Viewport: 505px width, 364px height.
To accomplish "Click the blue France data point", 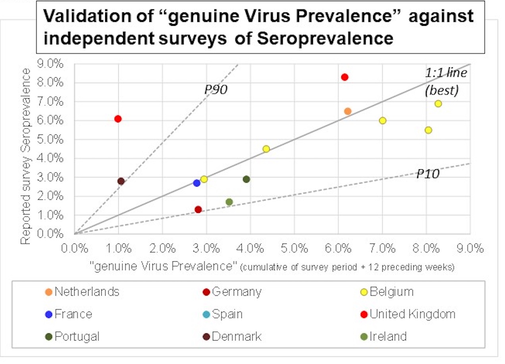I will point(197,183).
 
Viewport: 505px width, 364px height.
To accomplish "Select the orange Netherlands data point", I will point(347,111).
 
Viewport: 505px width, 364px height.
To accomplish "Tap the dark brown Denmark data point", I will point(121,181).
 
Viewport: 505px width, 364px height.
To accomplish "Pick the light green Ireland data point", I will point(229,202).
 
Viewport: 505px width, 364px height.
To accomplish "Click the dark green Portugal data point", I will point(246,179).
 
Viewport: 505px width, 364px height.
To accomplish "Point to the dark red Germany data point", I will point(198,209).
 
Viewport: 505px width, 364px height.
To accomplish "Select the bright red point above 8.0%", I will point(345,77).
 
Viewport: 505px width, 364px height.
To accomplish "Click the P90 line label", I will point(216,90).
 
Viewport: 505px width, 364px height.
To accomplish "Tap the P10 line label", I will point(428,174).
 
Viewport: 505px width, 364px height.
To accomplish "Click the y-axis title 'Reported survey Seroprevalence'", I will point(26,156).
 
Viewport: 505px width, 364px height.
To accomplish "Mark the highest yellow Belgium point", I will point(438,104).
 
